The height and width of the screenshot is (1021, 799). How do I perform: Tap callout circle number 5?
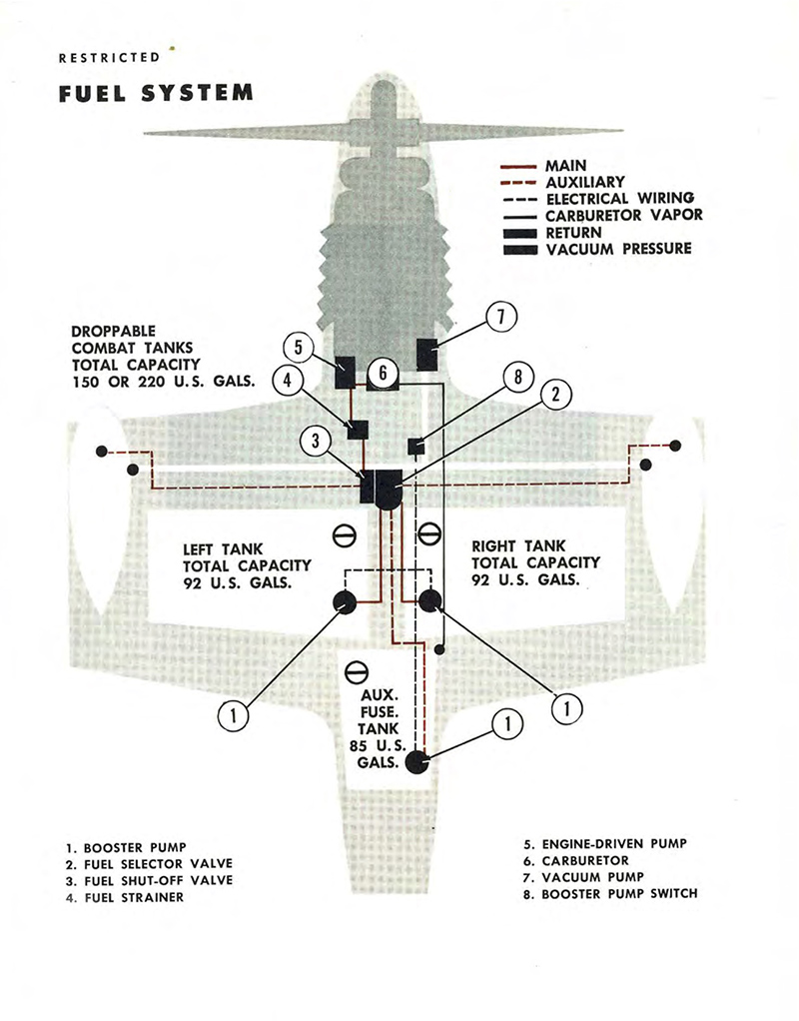pyautogui.click(x=298, y=346)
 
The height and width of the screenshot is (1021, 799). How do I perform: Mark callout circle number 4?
pyautogui.click(x=287, y=381)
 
